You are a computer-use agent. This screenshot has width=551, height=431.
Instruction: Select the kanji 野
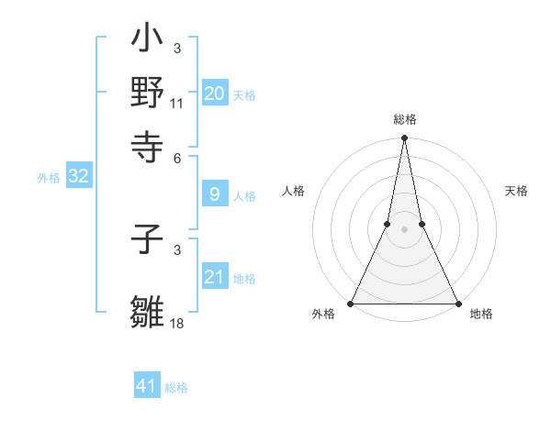148,93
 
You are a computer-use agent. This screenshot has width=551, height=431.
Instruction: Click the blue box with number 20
214,94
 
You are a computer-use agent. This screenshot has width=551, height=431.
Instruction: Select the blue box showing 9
214,194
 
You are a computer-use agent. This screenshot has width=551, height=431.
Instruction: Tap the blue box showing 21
214,277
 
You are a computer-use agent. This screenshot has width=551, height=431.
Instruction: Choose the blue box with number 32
78,177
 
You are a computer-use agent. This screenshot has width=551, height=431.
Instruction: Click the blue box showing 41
147,386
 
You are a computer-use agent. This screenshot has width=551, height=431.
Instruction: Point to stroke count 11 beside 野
177,104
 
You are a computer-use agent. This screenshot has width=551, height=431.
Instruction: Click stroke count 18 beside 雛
177,324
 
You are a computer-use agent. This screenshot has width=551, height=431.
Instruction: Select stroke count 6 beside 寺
177,157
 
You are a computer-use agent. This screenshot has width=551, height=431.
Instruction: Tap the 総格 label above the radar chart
404,119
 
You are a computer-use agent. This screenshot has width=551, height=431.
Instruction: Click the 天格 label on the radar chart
516,191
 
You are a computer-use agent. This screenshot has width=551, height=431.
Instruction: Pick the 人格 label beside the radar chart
293,191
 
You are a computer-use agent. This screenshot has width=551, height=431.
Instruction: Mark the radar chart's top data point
404,138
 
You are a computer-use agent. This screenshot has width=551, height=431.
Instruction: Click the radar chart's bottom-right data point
457,303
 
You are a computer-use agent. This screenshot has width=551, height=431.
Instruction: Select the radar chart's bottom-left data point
351,303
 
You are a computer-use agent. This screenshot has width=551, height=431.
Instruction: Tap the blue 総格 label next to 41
176,388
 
